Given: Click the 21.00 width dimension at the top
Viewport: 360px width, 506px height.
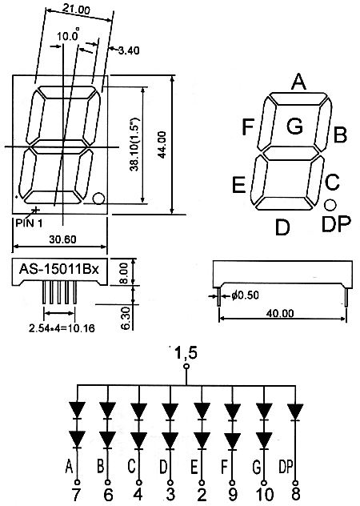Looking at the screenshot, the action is (76, 9).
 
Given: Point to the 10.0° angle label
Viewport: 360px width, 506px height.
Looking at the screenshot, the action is (68, 35).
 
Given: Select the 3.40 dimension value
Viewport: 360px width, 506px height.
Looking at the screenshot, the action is (129, 50).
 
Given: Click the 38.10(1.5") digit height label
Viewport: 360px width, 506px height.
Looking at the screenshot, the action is (134, 144).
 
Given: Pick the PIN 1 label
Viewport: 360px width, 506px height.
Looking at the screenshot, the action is (29, 223).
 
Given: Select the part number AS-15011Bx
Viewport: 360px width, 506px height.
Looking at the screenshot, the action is (58, 269).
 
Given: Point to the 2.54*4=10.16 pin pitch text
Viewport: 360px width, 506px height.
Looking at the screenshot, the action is (62, 328).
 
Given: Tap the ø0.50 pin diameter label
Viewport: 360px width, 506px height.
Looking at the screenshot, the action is (245, 295).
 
